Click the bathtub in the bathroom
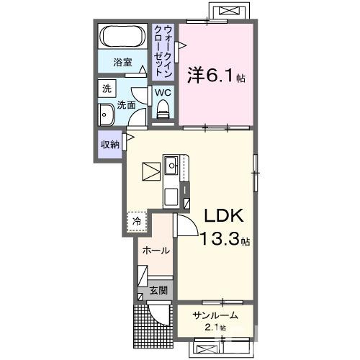coord(122,36)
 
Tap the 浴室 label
coord(123,63)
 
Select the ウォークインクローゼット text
coord(163,49)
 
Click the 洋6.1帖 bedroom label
coord(216,74)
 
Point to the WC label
coord(162,92)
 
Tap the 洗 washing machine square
coord(107,89)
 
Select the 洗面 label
coord(127,105)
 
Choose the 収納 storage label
coord(110,144)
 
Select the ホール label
coord(156,251)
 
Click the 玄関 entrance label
coord(158,292)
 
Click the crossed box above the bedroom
coord(230,12)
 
